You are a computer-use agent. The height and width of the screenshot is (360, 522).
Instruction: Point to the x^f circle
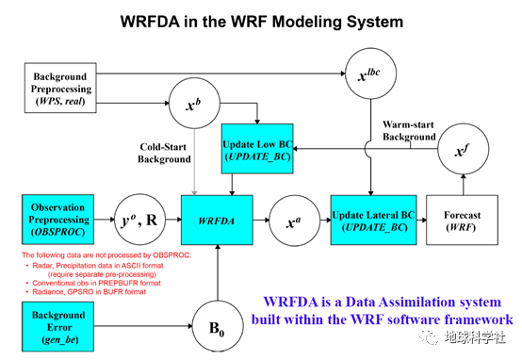(459, 151)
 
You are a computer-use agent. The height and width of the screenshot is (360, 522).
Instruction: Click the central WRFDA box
(218, 222)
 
